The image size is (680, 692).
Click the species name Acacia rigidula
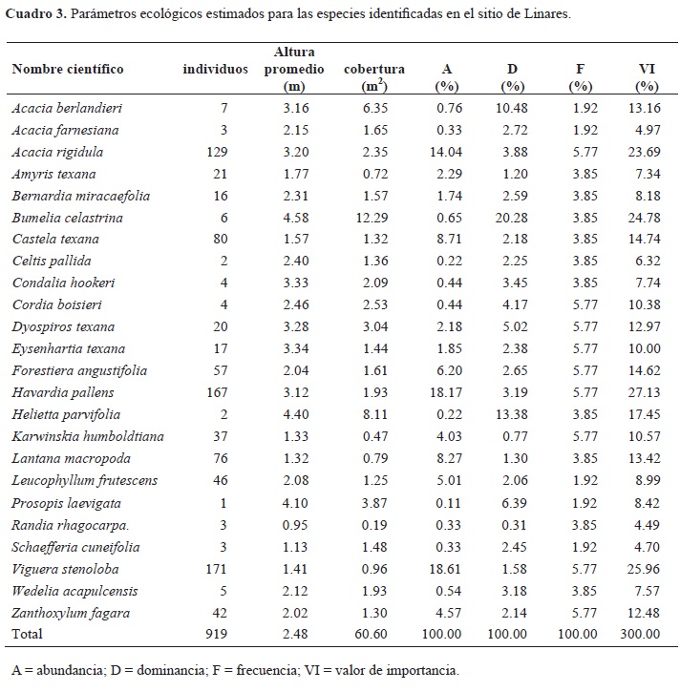pos(57,152)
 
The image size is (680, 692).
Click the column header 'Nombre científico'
pos(68,69)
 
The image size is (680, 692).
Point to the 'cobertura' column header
pos(374,69)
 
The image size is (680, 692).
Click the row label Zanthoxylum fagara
pos(65,612)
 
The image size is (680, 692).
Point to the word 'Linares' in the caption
pos(545,15)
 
